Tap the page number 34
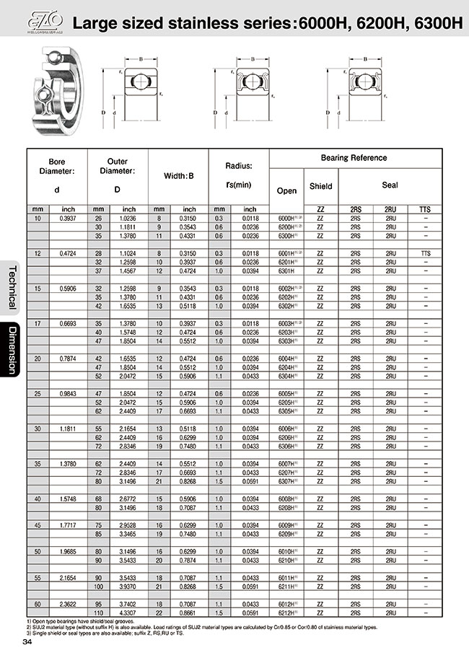click(27, 642)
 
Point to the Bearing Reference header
click(354, 157)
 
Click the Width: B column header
click(177, 175)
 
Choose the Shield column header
click(320, 186)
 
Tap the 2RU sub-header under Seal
click(390, 209)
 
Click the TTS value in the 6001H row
click(425, 253)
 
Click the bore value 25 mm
click(38, 394)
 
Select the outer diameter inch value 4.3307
click(128, 612)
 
